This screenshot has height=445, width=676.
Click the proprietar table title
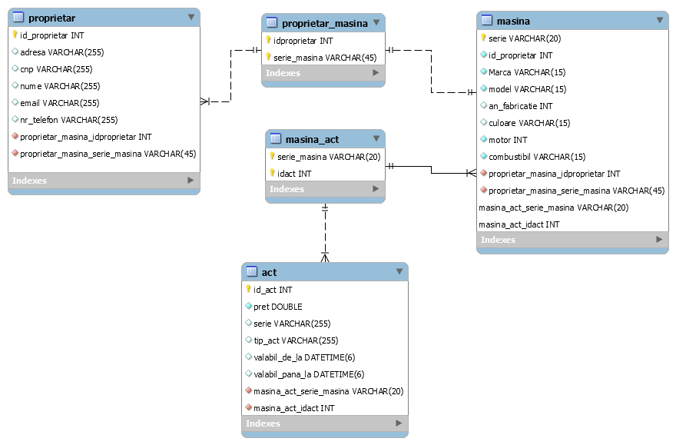(51, 18)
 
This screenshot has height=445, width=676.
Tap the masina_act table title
(312, 139)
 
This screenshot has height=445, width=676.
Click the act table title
(269, 272)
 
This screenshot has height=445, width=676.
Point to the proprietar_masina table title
(324, 23)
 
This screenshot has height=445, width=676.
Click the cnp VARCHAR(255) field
(56, 69)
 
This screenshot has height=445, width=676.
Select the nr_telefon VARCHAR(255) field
(68, 120)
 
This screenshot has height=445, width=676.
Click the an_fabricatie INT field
(520, 106)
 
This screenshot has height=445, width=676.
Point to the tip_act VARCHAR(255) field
(295, 340)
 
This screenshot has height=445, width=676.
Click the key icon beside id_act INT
(248, 289)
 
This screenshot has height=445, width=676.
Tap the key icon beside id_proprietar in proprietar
(15, 35)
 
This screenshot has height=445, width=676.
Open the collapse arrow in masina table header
(659, 21)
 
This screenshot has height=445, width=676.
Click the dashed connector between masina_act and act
(325, 231)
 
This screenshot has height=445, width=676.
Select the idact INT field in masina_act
(294, 174)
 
